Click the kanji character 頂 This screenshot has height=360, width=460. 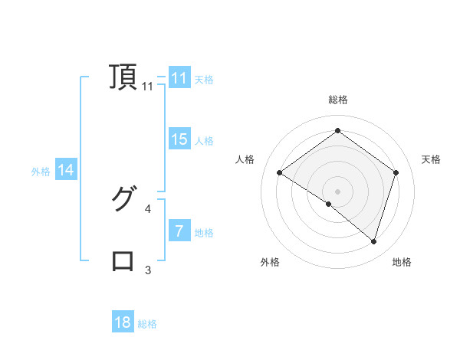click(123, 77)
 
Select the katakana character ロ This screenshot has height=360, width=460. click(123, 260)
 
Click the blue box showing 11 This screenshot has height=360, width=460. click(179, 78)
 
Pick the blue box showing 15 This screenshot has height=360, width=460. click(179, 139)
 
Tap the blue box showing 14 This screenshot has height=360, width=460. click(66, 171)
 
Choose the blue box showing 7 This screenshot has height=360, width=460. click(179, 231)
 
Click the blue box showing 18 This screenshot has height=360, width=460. click(123, 322)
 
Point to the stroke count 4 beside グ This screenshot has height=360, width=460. click(148, 208)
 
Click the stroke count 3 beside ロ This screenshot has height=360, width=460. click(148, 270)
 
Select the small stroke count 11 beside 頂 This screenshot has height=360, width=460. click(148, 87)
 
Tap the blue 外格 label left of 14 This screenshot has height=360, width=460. click(41, 172)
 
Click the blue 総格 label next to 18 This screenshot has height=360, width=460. click(147, 324)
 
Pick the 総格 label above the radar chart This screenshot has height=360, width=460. click(337, 100)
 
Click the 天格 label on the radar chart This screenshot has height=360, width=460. click(431, 159)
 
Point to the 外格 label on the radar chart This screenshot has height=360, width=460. click(269, 262)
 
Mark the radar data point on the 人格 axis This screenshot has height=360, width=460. click(279, 172)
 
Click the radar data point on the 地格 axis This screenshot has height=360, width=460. click(373, 241)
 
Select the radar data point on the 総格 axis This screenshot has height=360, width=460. click(337, 131)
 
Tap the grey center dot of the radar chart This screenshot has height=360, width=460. click(337, 191)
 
